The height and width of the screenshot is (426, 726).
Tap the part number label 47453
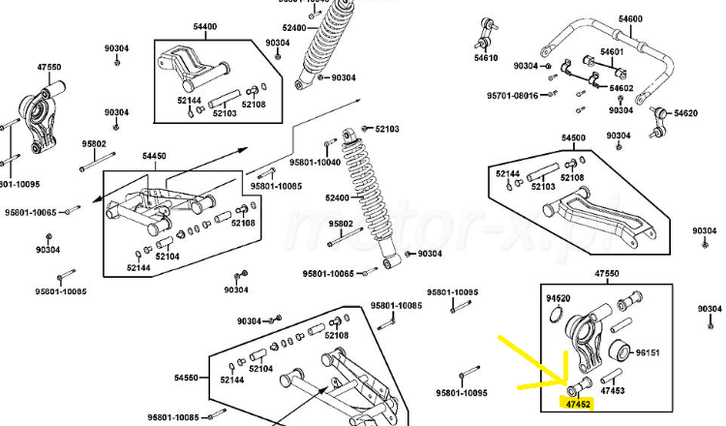click(612, 391)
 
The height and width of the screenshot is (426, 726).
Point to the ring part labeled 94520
click(557, 314)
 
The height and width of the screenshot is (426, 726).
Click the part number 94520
click(558, 298)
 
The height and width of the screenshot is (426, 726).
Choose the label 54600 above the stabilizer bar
click(630, 19)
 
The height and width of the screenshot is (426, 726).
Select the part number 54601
click(612, 51)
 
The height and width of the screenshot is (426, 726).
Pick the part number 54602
click(620, 88)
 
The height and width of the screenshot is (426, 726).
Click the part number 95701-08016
click(512, 96)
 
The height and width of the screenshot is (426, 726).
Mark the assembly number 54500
click(574, 138)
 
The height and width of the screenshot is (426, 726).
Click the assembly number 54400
click(206, 27)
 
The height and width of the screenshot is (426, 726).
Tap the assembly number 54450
click(154, 155)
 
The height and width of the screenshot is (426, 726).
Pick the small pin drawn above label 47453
click(610, 375)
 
